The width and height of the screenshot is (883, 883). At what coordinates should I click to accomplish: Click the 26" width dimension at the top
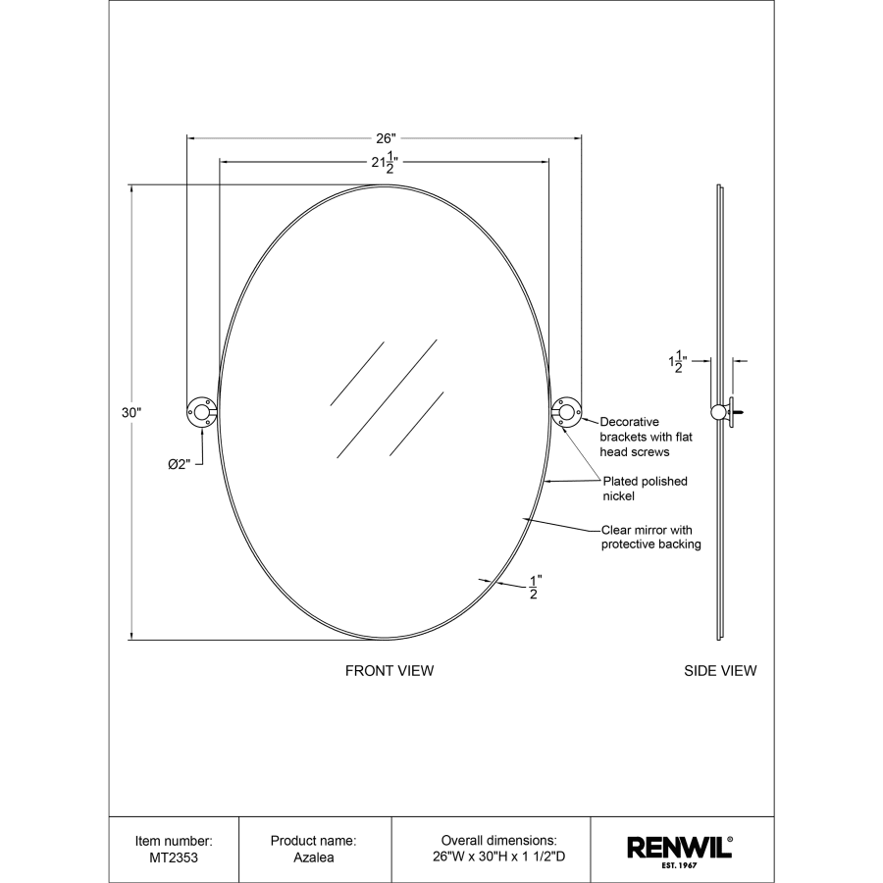click(x=384, y=138)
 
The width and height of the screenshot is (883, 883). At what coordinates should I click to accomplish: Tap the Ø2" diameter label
click(x=178, y=464)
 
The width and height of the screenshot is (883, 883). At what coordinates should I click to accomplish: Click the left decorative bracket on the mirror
click(x=201, y=413)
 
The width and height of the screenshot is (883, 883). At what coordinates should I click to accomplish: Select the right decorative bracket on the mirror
click(x=566, y=413)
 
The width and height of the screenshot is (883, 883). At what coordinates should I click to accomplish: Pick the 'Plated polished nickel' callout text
click(x=645, y=489)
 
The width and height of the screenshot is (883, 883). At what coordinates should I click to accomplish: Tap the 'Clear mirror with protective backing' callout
click(x=650, y=537)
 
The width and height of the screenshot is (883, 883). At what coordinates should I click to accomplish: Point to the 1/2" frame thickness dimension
click(x=535, y=587)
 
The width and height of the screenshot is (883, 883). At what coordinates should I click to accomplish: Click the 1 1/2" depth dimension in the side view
click(x=678, y=363)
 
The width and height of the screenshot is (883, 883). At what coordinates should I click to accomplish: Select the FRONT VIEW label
click(x=389, y=671)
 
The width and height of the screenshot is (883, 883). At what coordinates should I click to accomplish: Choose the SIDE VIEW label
click(x=720, y=671)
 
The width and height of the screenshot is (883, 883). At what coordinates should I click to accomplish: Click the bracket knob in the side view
click(x=719, y=412)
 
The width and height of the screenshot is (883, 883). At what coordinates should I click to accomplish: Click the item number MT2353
click(x=174, y=857)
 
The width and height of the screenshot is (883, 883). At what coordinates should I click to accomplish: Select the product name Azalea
click(x=313, y=857)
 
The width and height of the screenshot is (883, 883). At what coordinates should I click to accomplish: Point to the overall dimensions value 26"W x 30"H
click(x=498, y=857)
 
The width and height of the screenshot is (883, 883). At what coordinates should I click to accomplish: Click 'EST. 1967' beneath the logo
click(x=679, y=865)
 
